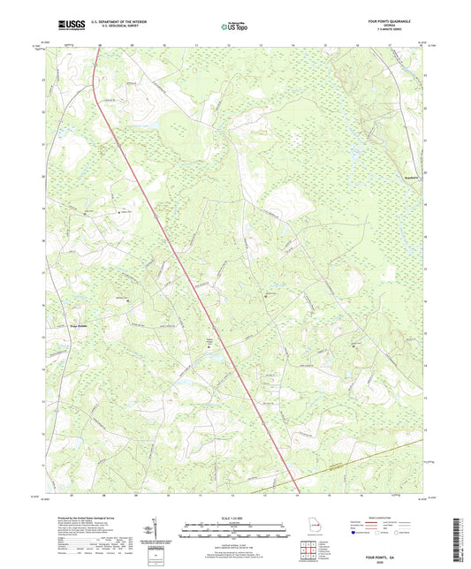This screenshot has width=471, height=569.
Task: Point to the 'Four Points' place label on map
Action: pos(55,323)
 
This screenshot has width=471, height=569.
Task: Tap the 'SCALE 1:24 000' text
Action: pos(234,517)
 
